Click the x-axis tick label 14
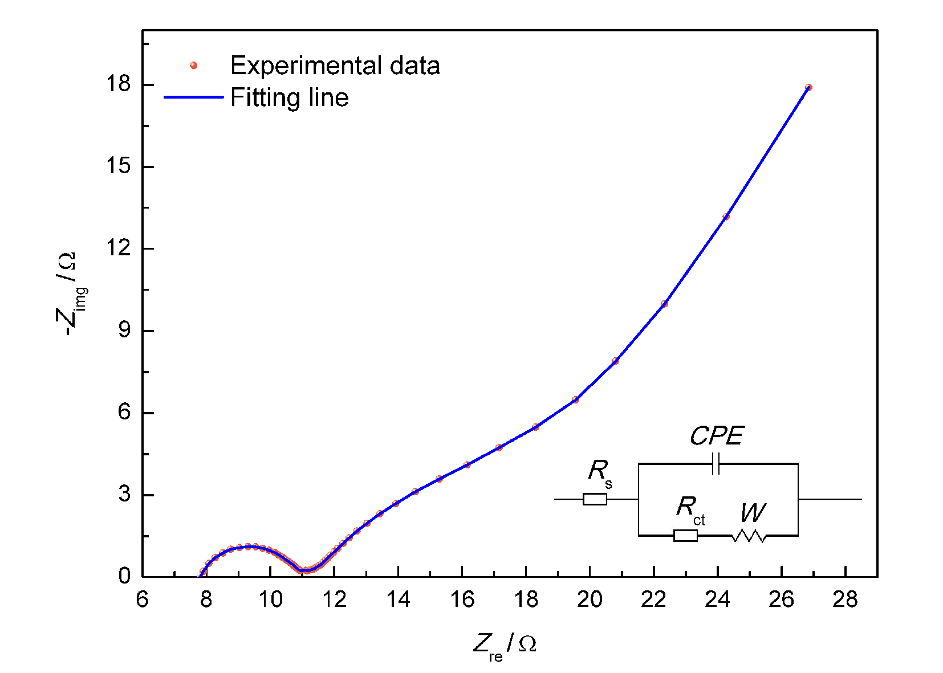[398, 600]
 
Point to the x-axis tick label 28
[845, 600]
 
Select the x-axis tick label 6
[143, 600]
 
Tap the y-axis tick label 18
[118, 85]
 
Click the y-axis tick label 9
[124, 331]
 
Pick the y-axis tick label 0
[124, 576]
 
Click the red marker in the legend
[193, 66]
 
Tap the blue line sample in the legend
[193, 97]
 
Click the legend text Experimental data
[335, 66]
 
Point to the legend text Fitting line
[289, 97]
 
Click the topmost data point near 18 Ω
[808, 87]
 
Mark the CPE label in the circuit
[717, 437]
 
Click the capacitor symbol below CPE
[716, 464]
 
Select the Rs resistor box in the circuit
[595, 499]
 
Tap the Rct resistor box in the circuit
[685, 535]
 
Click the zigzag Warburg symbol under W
[749, 536]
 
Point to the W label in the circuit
[753, 513]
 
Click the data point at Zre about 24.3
[726, 217]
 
